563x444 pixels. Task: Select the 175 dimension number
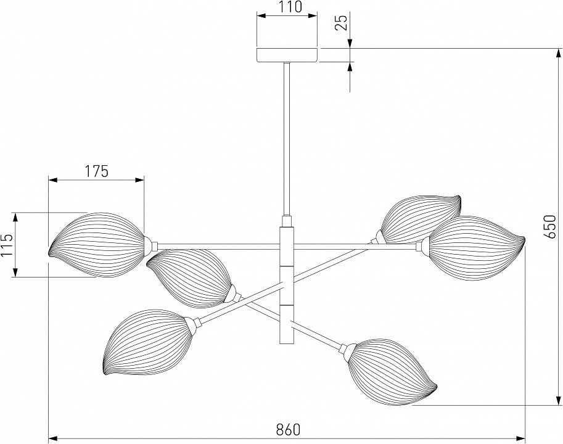(x=96, y=171)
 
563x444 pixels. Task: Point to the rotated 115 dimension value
(x=7, y=245)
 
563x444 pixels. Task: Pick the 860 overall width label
(x=287, y=427)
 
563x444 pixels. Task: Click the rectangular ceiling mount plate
(x=287, y=55)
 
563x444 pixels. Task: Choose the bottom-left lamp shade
(x=145, y=340)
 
